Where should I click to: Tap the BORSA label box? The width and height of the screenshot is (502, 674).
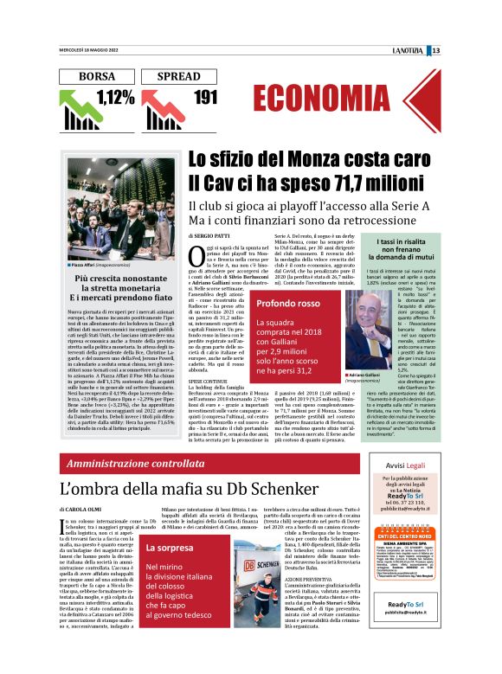97,76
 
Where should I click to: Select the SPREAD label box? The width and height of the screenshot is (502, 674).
183,76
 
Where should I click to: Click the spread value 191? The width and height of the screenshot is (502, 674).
204,97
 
